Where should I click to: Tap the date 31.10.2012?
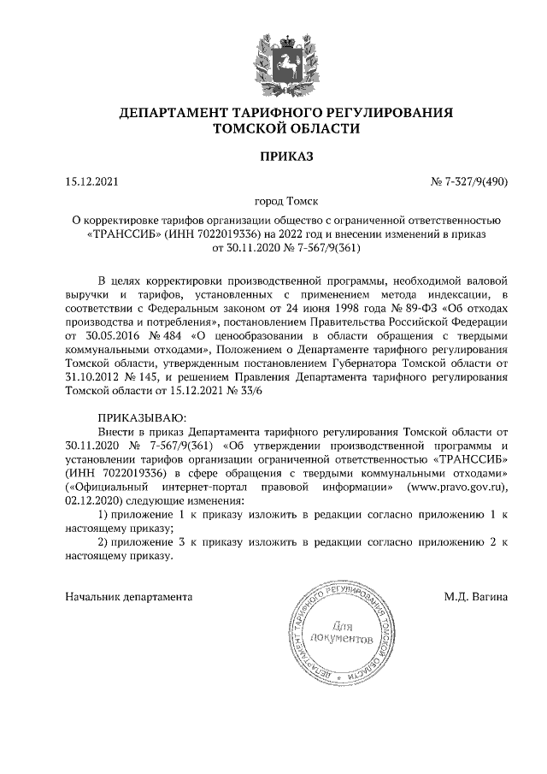click(x=94, y=376)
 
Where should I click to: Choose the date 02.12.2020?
click(x=94, y=500)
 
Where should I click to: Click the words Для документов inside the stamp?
click(x=341, y=631)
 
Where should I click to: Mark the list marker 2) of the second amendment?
click(x=103, y=541)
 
